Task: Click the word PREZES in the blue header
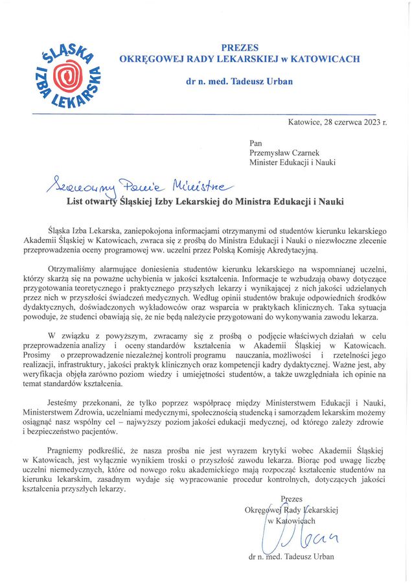pos(240,47)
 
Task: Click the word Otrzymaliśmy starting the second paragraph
pos(75,269)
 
